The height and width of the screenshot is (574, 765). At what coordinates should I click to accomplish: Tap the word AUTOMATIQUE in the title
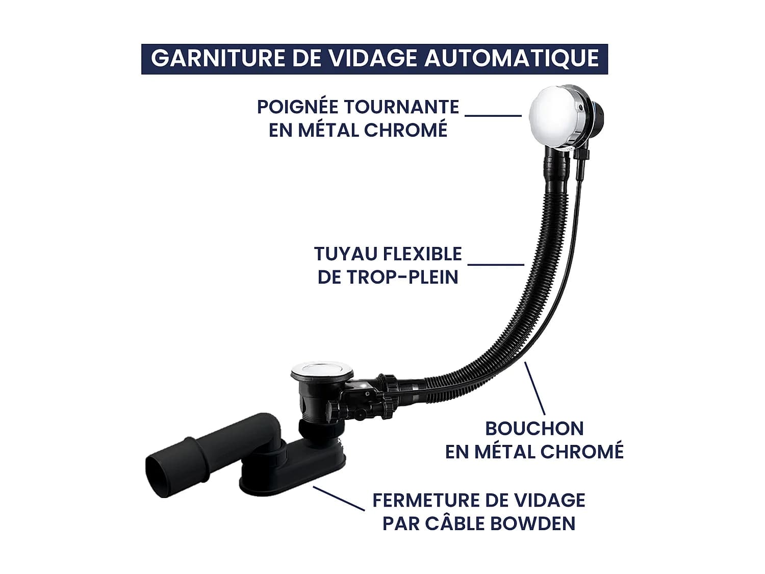pos(512,59)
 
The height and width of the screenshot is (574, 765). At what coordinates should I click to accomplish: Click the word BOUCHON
pos(534,429)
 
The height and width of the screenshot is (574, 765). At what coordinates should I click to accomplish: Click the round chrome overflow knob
pos(552,117)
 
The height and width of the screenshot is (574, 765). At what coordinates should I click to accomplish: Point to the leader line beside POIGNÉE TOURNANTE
pos(493,115)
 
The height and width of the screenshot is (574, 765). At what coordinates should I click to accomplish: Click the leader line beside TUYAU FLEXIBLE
pos(496,264)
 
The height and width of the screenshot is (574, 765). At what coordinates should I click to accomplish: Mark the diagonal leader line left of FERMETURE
pos(339,498)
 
